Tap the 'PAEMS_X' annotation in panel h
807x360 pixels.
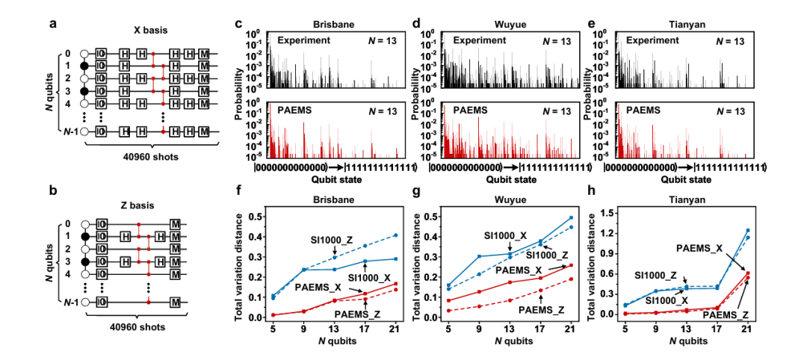click(699, 247)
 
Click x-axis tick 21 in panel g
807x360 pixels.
click(569, 326)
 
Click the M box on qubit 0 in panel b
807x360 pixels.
click(175, 223)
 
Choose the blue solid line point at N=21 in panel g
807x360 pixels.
click(569, 217)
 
